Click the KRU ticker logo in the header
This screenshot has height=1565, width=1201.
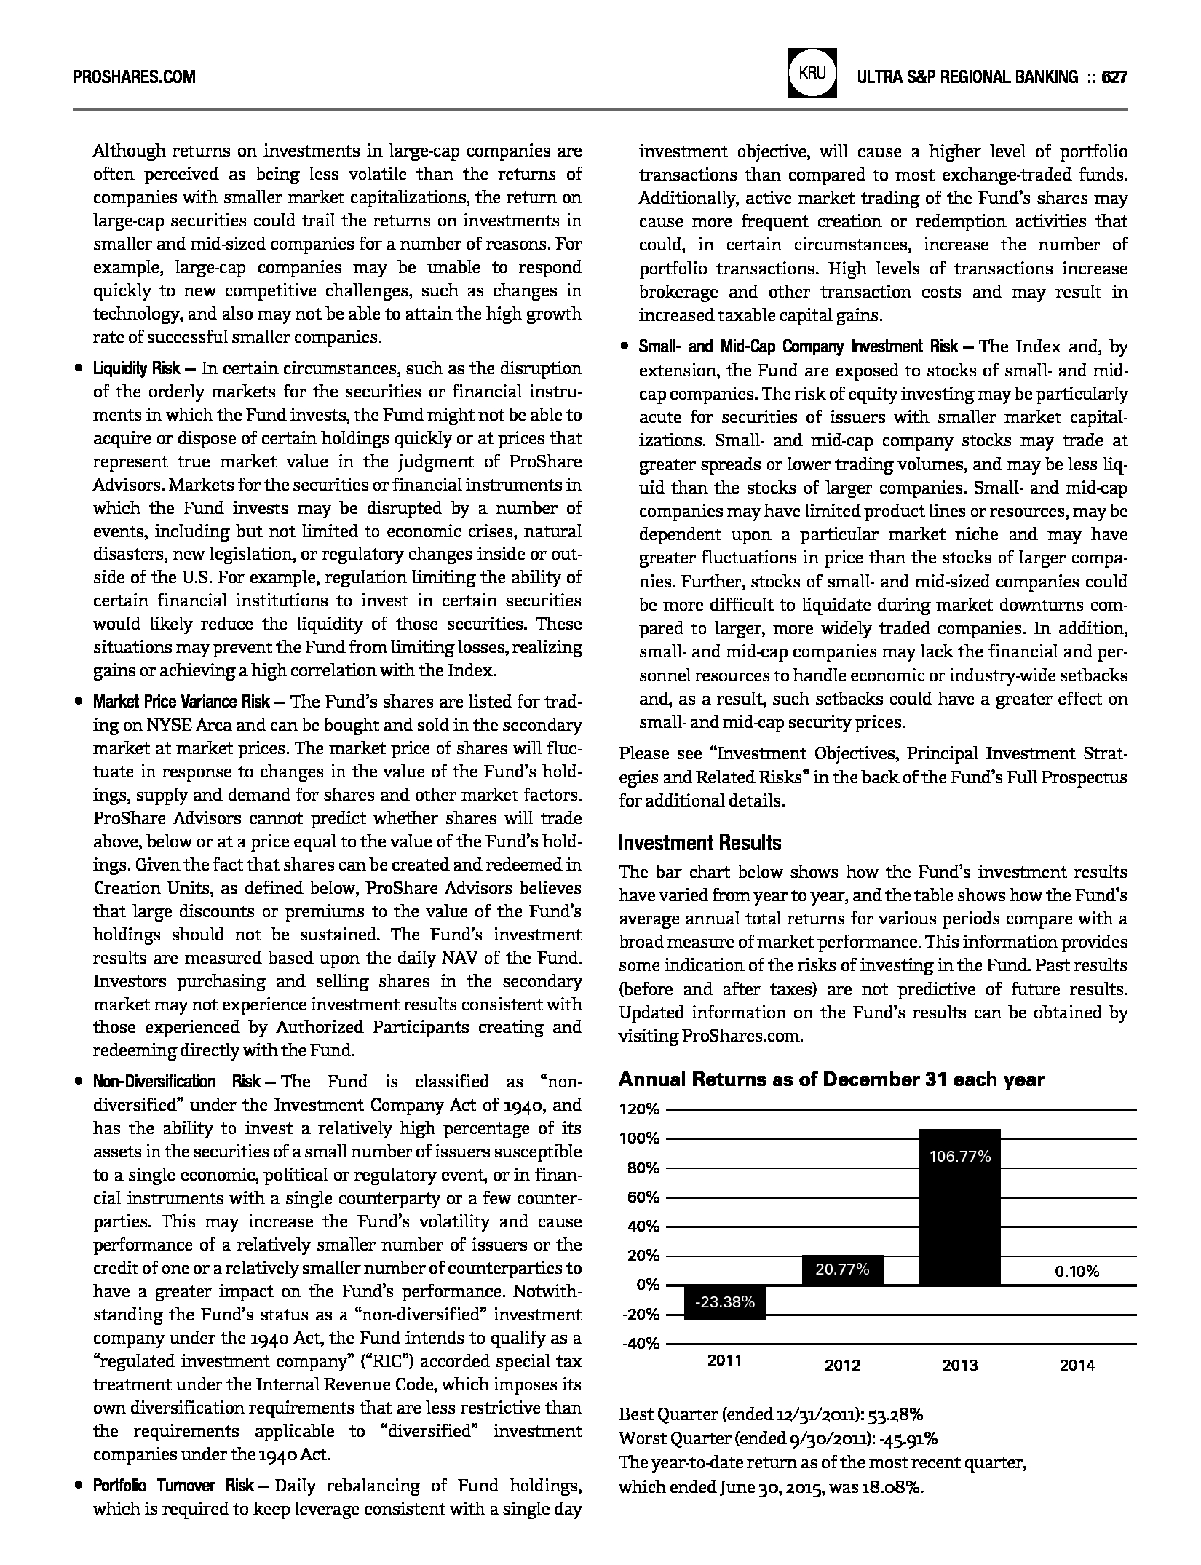(x=812, y=74)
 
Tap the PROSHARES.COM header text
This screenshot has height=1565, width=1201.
(x=134, y=76)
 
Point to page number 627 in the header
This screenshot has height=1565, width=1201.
(x=1114, y=76)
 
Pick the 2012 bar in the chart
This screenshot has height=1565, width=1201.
(x=842, y=1269)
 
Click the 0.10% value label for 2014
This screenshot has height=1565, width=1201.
(x=1077, y=1272)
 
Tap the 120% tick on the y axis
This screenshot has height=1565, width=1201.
(x=639, y=1109)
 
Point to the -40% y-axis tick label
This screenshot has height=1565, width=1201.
(x=641, y=1343)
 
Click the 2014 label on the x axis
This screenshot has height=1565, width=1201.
(x=1077, y=1366)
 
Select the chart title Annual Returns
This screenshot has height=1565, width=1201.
(x=831, y=1079)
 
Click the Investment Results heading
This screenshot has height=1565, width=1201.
(x=699, y=843)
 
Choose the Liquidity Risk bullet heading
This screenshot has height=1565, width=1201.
(x=137, y=368)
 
